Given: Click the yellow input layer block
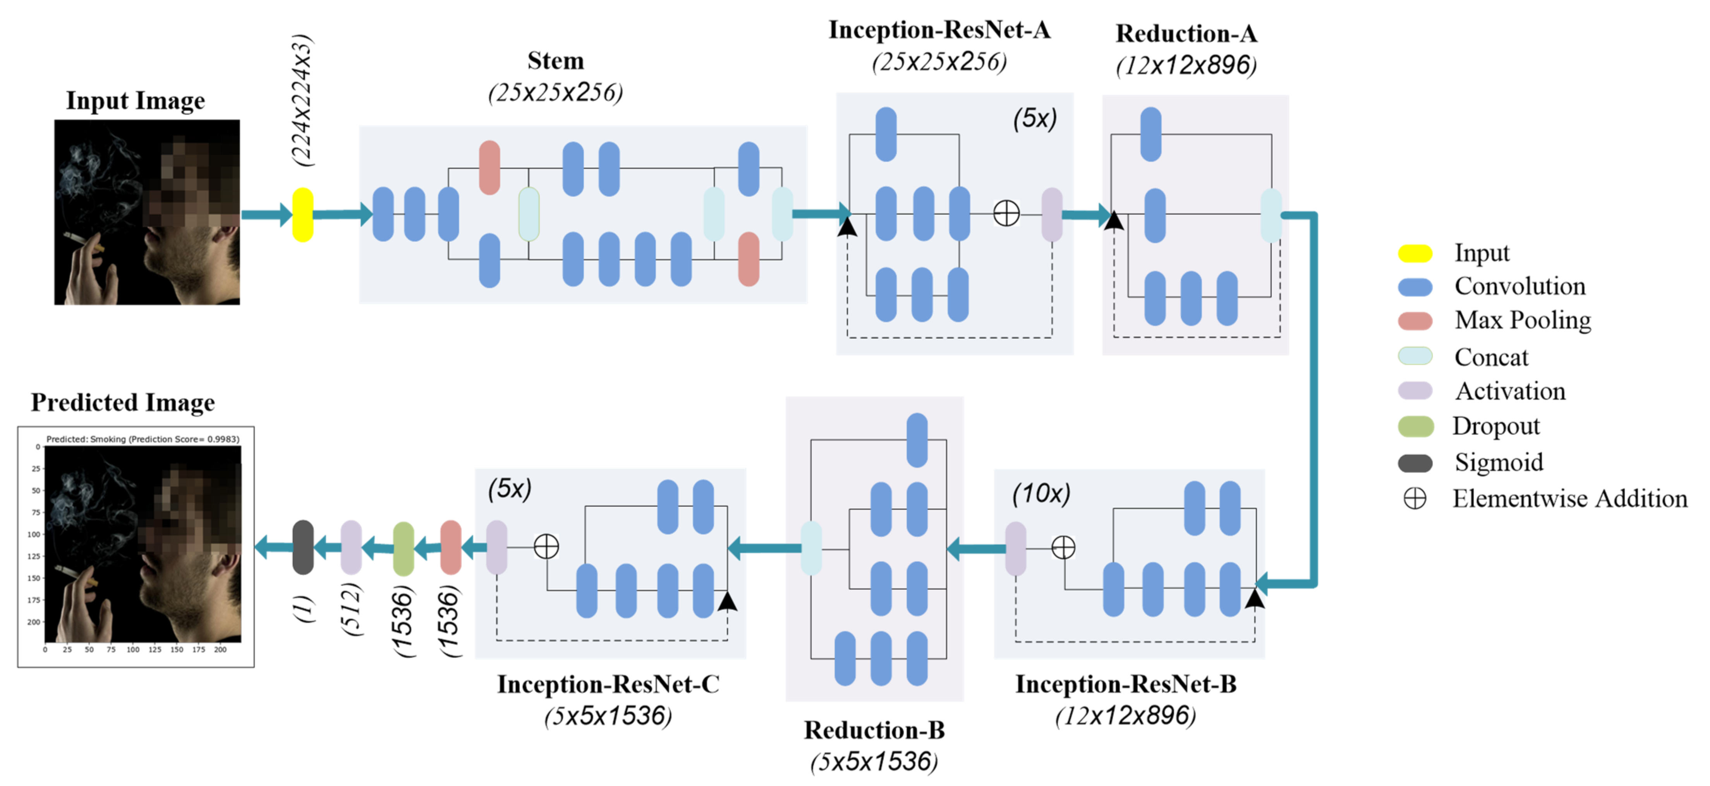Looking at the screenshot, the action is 303,215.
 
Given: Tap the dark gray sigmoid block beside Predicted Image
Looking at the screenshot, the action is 303,547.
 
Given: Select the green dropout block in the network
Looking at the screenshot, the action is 403,549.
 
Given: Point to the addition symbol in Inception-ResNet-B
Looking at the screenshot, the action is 1063,548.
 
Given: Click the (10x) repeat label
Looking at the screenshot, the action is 1041,493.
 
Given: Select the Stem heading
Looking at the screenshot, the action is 556,60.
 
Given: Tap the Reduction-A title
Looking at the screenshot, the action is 1186,33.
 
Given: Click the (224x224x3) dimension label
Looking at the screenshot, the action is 302,100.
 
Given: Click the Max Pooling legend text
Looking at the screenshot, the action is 1523,320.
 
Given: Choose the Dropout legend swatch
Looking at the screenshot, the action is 1415,426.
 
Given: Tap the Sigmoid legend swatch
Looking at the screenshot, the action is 1415,463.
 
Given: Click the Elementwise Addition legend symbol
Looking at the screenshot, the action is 1415,499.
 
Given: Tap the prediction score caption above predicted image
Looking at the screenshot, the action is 143,439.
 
